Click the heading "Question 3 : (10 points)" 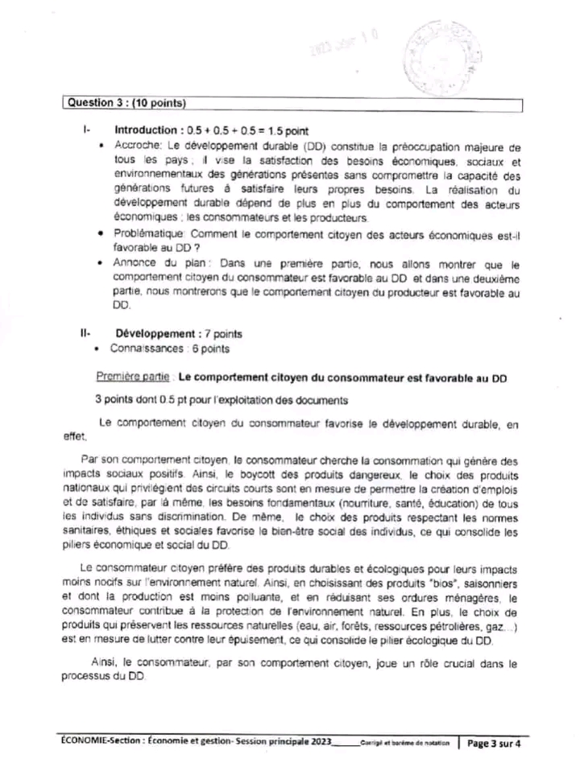126,103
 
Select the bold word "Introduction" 146,130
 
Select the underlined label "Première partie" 133,377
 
